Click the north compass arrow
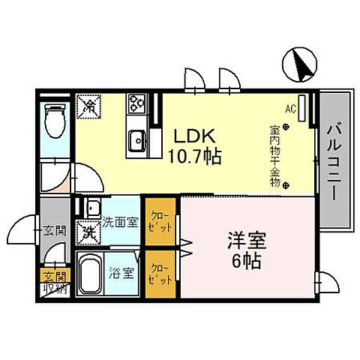click(303, 64)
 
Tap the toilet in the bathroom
click(54, 119)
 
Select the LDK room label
click(196, 137)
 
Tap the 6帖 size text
click(244, 263)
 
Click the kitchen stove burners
click(136, 102)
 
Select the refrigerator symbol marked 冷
click(89, 104)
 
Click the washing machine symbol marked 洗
click(88, 232)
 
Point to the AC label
click(290, 107)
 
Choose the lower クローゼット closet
click(160, 274)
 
